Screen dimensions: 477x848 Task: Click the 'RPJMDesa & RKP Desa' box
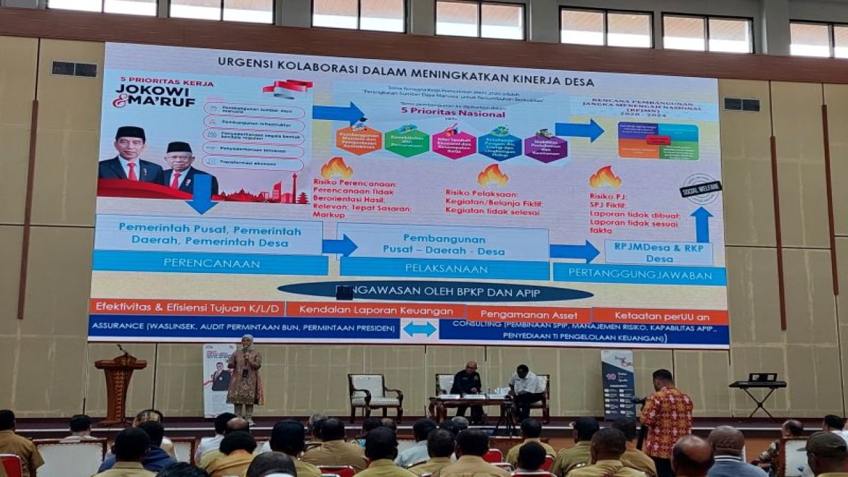[x=659, y=252]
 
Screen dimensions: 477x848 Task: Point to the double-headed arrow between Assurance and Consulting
[x=419, y=329]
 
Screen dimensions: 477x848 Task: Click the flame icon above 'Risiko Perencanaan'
[x=337, y=169]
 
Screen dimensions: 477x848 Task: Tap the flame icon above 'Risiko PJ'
[x=605, y=177]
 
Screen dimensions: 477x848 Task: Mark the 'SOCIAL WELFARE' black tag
[x=700, y=189]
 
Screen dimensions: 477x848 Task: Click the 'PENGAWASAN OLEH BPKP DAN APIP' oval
[x=435, y=291]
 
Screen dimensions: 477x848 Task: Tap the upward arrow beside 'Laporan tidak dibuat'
[x=702, y=224]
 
